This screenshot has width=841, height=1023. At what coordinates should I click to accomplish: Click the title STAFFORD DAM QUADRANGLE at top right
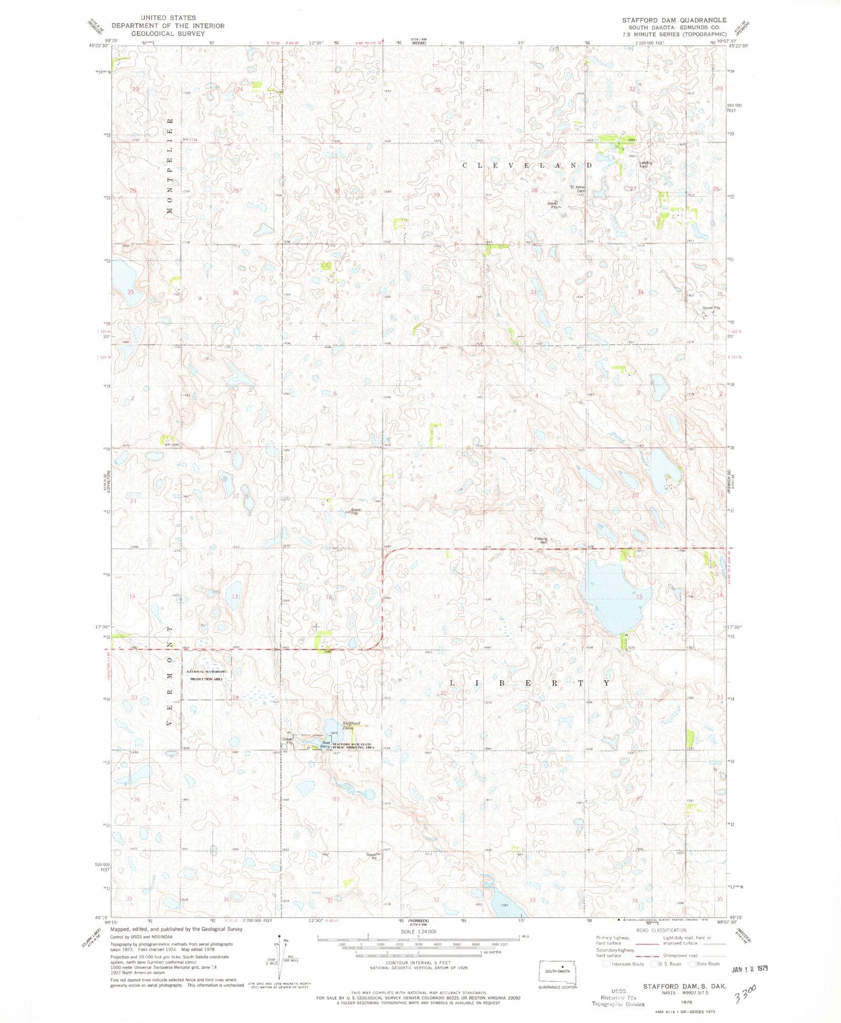[674, 20]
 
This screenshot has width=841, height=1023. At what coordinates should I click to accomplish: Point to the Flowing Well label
[540, 541]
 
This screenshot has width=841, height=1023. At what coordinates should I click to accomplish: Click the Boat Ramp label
[325, 745]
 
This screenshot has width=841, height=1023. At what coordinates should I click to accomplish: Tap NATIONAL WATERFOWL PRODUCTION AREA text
[208, 675]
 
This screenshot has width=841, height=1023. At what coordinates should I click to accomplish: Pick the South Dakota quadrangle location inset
[557, 970]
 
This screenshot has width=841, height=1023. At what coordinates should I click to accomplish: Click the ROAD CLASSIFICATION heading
[660, 930]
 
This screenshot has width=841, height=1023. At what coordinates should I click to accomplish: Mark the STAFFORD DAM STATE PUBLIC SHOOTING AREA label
[353, 745]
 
